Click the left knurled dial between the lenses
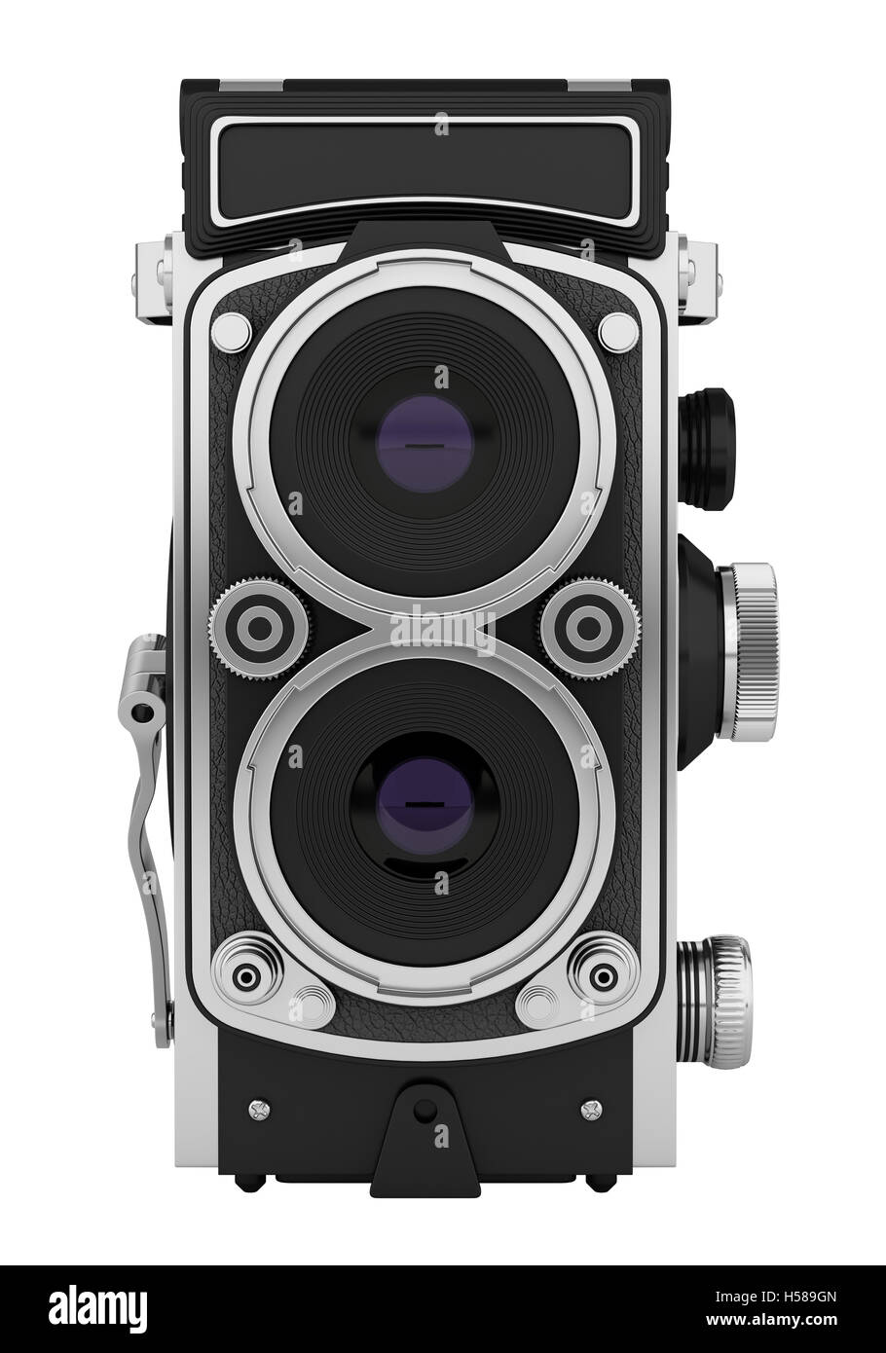(x=261, y=628)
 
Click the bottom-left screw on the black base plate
(x=261, y=1107)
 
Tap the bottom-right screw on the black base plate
(x=587, y=1107)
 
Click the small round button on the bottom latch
(x=423, y=1111)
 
